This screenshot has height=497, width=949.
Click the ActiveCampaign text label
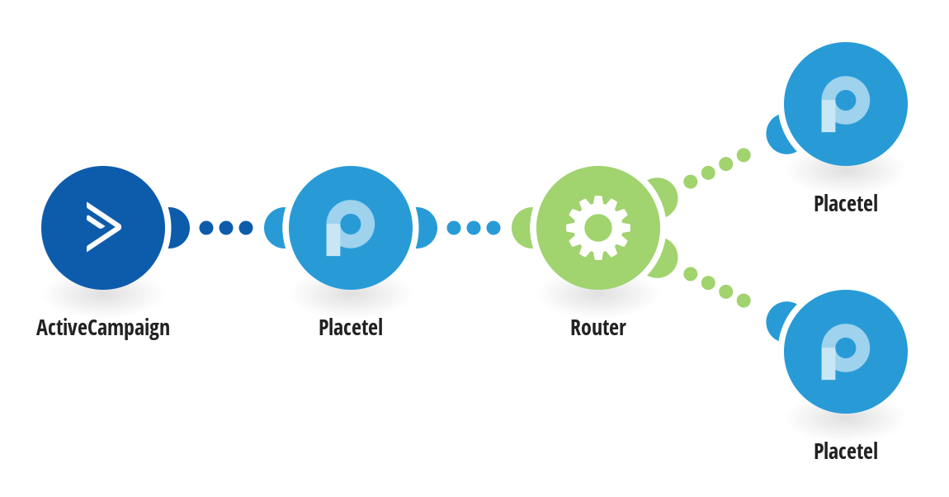coord(103,328)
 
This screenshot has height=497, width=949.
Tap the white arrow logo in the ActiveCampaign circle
coord(104,227)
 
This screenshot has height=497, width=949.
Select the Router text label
coord(598,328)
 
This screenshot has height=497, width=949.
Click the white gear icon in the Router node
coord(598,228)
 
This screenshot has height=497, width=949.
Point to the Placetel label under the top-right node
coord(846,203)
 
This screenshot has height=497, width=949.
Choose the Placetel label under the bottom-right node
coord(846,451)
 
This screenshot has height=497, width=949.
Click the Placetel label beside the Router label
coord(351,328)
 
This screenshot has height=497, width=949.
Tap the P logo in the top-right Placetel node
coord(845,104)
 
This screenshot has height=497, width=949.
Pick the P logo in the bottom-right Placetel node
coord(845,352)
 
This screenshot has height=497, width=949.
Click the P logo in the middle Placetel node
coord(350,228)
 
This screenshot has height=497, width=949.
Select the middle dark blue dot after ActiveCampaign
coord(226,228)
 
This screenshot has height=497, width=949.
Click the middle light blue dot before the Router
coord(474,228)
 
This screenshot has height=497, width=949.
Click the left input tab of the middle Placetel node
coord(276,228)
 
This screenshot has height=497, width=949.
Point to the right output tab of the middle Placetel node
coord(427,228)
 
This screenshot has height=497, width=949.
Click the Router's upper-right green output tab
coord(665,196)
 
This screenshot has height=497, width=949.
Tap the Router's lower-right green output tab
coord(665,259)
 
